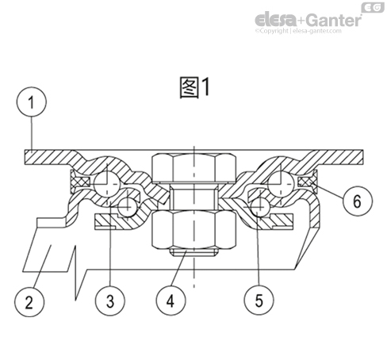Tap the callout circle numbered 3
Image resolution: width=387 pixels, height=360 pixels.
pyautogui.click(x=110, y=301)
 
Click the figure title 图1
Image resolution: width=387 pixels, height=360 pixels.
pyautogui.click(x=193, y=87)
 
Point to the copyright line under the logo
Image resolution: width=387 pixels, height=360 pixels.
pyautogui.click(x=308, y=33)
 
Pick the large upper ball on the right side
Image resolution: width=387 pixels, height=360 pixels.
pyautogui.click(x=281, y=183)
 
